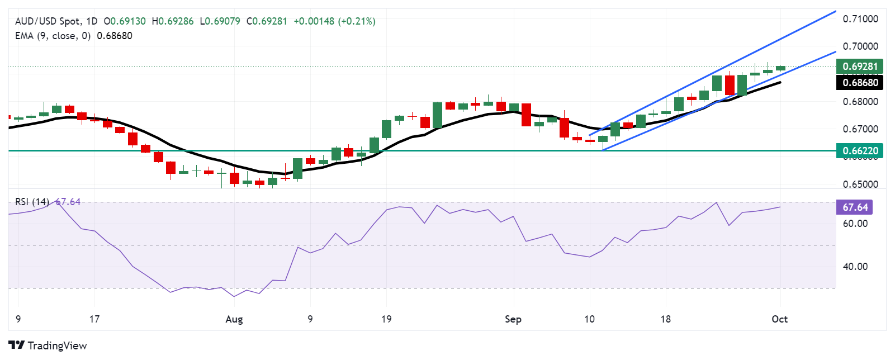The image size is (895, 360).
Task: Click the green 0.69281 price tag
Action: coord(860,67)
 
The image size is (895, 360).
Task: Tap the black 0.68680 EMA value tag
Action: coord(860,83)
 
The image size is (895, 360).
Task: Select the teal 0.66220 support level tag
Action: coord(860,151)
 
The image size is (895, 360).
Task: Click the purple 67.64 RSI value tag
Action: coord(855,207)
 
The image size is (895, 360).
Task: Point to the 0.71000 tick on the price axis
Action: coord(860,19)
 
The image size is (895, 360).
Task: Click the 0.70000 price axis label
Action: coord(860,46)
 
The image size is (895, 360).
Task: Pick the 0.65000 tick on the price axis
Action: coord(860,184)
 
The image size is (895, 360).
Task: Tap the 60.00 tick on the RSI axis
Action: coord(855,224)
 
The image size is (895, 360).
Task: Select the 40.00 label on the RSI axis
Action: coord(855,267)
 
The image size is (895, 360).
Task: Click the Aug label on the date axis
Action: coord(234,319)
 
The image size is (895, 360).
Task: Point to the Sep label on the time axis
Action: coord(513,319)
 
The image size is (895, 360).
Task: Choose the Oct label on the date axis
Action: coord(779,319)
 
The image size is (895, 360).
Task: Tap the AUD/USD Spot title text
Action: coord(48,21)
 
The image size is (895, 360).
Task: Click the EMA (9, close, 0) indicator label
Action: coord(53,36)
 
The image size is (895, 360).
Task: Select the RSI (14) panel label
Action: coord(32,202)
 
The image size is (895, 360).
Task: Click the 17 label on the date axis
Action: coord(94,319)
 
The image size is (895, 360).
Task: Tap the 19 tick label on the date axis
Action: coord(386,319)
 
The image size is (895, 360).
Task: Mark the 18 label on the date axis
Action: coord(665,319)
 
